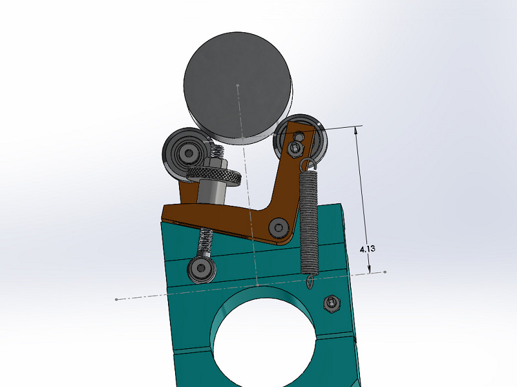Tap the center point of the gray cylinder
click(238, 85)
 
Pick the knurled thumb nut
click(214, 175)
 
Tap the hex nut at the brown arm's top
click(295, 149)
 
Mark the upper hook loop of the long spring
click(308, 164)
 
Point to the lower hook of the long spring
click(311, 279)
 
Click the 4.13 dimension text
click(366, 247)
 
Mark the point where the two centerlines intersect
click(257, 284)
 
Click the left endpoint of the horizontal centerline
click(116, 299)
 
